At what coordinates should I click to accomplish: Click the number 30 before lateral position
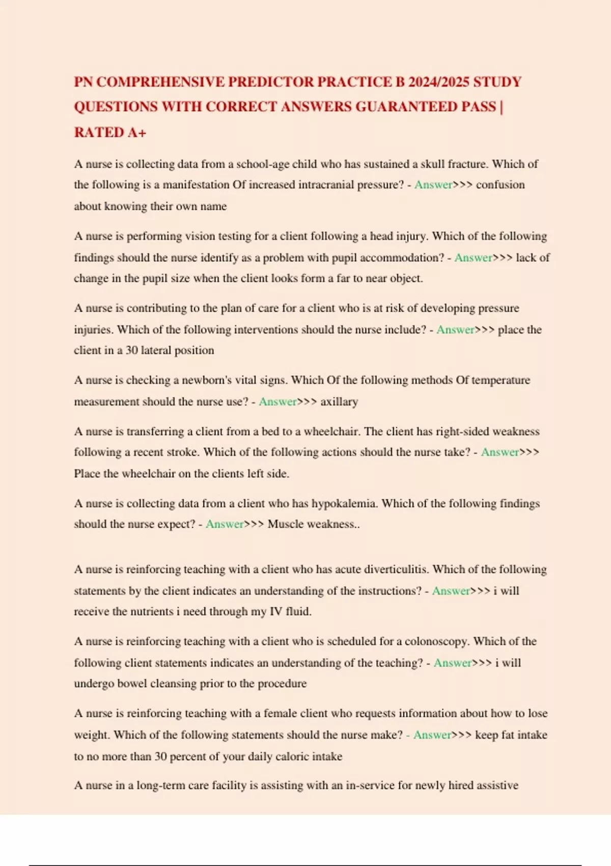coord(132,350)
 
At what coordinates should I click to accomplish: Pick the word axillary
coord(339,402)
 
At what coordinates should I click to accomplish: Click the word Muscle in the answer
coord(286,524)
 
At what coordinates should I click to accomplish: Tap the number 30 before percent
coord(160,756)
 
